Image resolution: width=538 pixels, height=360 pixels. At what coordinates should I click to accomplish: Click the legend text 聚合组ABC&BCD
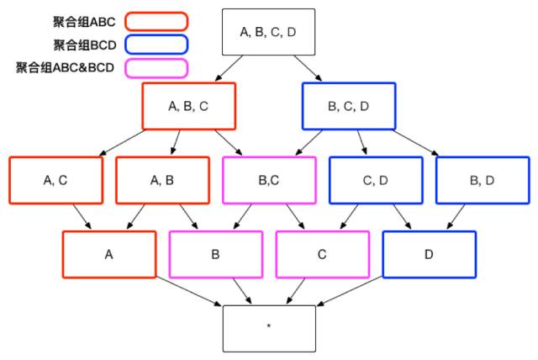(65, 67)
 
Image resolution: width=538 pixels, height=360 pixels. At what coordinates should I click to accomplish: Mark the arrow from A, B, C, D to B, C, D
(308, 68)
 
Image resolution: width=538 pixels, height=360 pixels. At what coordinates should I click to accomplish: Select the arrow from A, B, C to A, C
(122, 143)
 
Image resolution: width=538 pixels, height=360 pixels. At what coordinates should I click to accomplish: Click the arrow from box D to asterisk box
(350, 291)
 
